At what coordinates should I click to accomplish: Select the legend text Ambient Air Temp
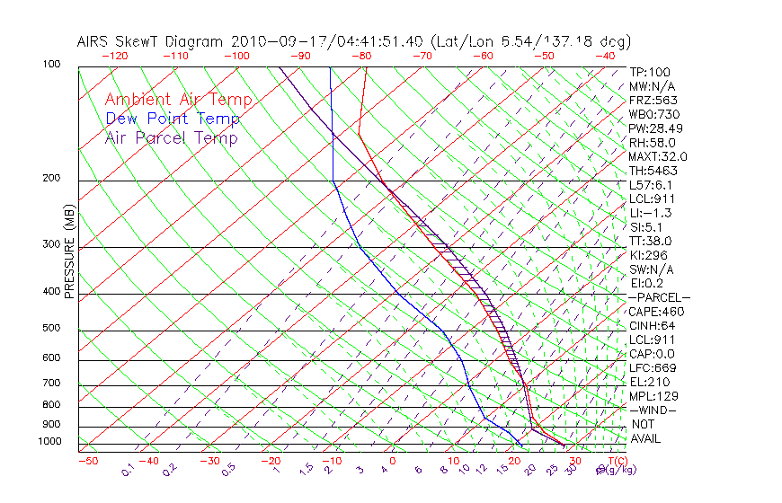point(178,100)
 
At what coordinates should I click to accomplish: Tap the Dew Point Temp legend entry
point(172,119)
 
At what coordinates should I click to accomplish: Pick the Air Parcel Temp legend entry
point(171,137)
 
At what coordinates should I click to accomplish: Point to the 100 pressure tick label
point(51,65)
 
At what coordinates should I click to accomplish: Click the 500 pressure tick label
point(51,328)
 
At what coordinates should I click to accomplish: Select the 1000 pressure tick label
point(49,441)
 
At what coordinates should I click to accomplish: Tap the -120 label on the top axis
point(113,56)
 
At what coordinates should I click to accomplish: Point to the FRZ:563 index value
point(653,100)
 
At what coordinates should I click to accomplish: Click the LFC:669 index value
point(653,367)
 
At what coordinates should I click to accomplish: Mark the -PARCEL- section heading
point(659,297)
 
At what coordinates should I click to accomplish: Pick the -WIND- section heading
point(653,410)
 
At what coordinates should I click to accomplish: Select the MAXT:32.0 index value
point(658,156)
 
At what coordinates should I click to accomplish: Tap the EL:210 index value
point(649,382)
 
